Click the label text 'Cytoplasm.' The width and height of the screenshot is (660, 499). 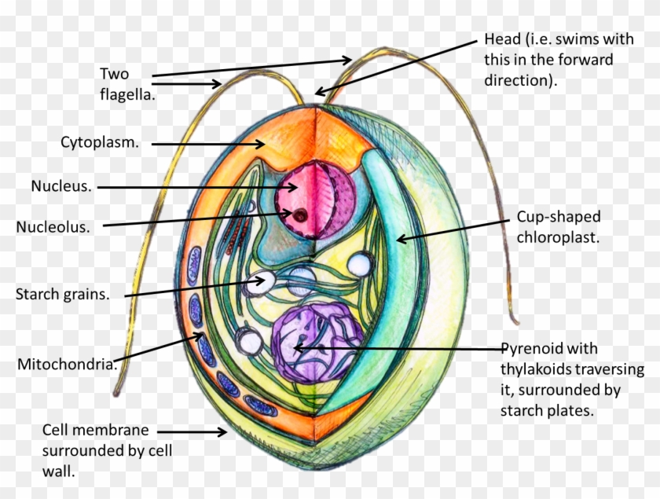100,143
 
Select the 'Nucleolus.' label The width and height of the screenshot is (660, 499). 53,227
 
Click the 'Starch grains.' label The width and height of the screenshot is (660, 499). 62,295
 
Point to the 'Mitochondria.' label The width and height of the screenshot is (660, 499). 68,364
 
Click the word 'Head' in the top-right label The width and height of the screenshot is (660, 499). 500,40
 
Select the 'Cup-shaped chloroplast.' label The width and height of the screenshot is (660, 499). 558,226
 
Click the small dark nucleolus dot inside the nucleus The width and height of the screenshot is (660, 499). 299,214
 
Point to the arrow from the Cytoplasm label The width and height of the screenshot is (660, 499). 208,144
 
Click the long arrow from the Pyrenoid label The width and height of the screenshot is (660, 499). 401,347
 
